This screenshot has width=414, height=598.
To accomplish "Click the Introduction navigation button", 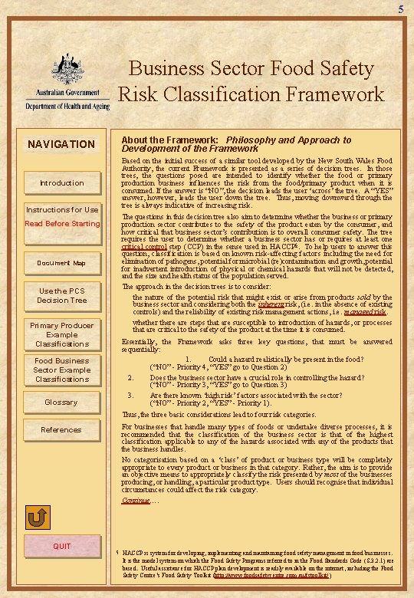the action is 61,183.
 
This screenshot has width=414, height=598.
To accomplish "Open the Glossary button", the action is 61,402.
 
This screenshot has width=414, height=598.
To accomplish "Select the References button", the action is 61,430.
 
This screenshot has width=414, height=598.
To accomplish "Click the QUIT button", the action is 61,546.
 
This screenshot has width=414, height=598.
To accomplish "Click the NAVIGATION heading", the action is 61,144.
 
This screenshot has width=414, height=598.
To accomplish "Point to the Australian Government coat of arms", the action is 62,57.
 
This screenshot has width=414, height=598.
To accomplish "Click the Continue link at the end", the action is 136,501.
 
